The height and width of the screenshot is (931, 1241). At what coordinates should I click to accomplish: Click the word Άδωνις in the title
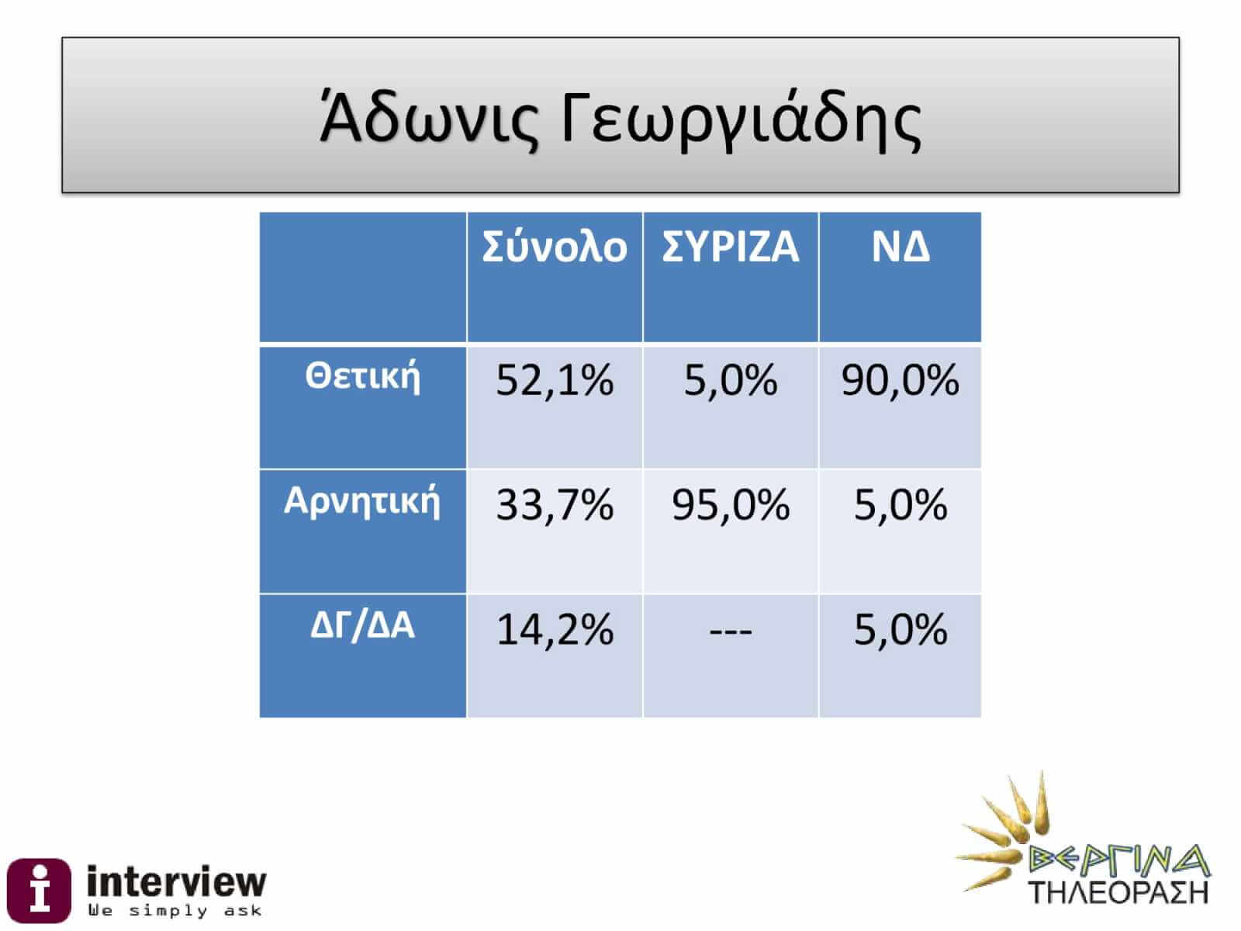tap(429, 119)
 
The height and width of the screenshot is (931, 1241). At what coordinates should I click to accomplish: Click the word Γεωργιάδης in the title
tap(741, 119)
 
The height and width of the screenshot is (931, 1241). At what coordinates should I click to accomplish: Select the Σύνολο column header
tap(554, 247)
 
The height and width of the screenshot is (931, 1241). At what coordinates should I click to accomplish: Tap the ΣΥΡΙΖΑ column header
tap(730, 247)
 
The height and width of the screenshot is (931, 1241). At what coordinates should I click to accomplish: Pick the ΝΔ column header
tap(900, 247)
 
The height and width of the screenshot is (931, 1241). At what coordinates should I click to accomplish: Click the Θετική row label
tap(362, 376)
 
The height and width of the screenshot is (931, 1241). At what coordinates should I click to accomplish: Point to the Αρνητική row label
tap(362, 501)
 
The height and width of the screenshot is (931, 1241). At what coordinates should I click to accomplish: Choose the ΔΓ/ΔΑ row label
tap(362, 626)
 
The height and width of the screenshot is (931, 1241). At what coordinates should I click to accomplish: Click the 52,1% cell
tap(554, 380)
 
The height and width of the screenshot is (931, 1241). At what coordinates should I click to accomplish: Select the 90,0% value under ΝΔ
tap(900, 380)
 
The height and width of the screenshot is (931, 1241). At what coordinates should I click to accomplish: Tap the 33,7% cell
tap(554, 505)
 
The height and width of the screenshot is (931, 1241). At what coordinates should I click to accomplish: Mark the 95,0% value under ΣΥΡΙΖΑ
tap(730, 505)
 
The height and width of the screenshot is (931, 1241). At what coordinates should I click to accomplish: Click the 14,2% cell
tap(554, 630)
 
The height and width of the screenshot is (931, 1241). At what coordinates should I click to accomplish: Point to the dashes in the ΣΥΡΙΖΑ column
tap(730, 632)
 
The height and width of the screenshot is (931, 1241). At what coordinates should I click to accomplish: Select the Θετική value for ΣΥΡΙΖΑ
tap(730, 380)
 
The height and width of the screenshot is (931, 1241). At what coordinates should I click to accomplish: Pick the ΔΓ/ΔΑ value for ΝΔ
tap(900, 630)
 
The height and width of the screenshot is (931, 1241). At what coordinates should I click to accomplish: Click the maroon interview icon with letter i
tap(39, 891)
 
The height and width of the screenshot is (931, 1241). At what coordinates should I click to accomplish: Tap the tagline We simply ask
tap(175, 911)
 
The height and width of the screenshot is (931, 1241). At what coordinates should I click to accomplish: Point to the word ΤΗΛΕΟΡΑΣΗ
tap(1118, 893)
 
